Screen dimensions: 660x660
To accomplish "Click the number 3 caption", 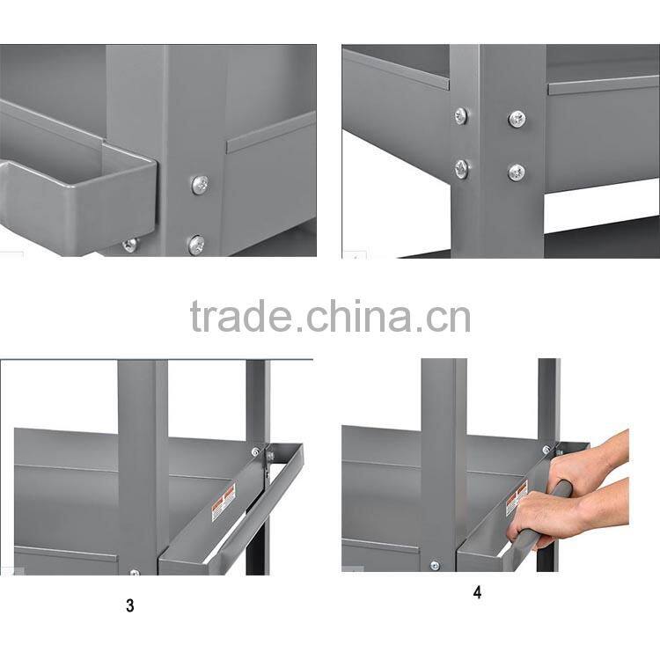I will [x=130, y=606].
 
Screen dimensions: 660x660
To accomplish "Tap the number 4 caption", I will [x=477, y=592].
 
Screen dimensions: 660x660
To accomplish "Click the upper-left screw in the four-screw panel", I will [x=461, y=115].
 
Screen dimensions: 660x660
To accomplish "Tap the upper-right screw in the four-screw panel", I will [x=517, y=118].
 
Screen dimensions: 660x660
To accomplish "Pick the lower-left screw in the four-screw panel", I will [x=462, y=168].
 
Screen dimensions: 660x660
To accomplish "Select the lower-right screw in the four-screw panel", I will [x=517, y=172].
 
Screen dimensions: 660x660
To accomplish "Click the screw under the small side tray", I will [x=130, y=245].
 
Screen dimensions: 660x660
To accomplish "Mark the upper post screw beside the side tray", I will [x=200, y=184].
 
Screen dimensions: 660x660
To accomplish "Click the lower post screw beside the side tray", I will [x=196, y=244].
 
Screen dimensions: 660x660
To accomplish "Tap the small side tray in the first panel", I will [x=79, y=198].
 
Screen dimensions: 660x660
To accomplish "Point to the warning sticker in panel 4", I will [x=517, y=499].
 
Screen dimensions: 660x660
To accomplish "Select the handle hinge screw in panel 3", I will [x=257, y=452].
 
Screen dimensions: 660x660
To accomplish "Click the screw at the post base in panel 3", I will [x=134, y=572].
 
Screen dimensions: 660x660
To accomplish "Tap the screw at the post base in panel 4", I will [x=434, y=565].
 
